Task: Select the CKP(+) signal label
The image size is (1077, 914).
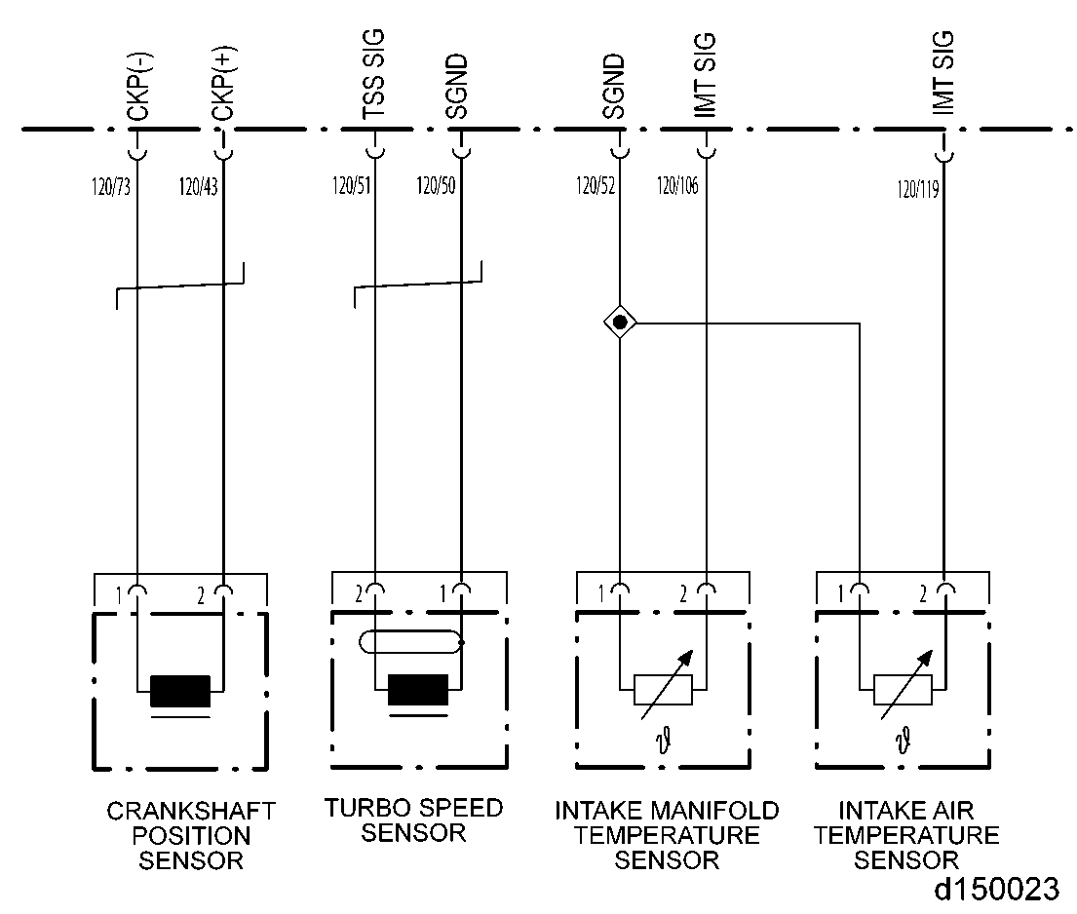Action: pyautogui.click(x=222, y=90)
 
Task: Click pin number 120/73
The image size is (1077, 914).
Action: pyautogui.click(x=110, y=186)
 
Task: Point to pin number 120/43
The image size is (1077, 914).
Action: pyautogui.click(x=198, y=186)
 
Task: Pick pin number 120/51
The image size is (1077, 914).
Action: pyautogui.click(x=351, y=186)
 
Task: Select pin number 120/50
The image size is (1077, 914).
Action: pyautogui.click(x=436, y=186)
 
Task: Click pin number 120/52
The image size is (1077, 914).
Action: pyautogui.click(x=595, y=186)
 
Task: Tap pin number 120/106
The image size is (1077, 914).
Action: pyautogui.click(x=677, y=186)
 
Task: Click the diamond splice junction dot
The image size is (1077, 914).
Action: pyautogui.click(x=620, y=321)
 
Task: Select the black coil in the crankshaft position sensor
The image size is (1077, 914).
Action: pyautogui.click(x=180, y=691)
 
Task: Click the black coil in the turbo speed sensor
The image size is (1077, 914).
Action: pyautogui.click(x=418, y=690)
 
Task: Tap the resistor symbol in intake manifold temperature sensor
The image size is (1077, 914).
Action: pyautogui.click(x=663, y=689)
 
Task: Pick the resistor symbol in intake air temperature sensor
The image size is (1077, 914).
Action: pyautogui.click(x=903, y=689)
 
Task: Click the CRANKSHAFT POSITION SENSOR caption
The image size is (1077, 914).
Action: pyautogui.click(x=191, y=835)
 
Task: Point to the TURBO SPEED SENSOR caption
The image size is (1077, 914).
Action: pyautogui.click(x=414, y=819)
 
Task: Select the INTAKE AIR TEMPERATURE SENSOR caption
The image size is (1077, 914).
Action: pyautogui.click(x=906, y=835)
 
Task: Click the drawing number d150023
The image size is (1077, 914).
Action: pyautogui.click(x=996, y=890)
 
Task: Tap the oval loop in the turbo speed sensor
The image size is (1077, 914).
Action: pyautogui.click(x=409, y=642)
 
